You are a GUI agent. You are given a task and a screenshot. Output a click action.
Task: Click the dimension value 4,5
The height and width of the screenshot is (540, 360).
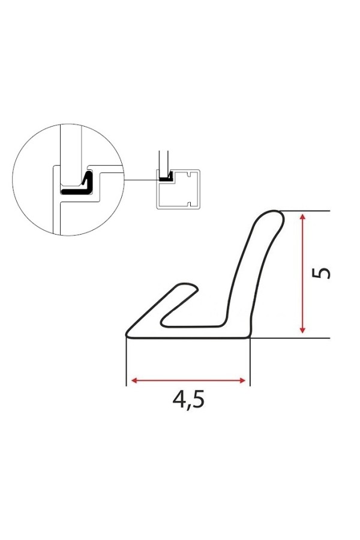click(188, 400)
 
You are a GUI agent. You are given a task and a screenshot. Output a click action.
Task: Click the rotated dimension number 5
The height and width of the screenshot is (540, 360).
click(321, 273)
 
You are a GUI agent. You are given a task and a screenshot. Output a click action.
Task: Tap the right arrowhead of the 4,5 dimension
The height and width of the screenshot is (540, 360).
click(242, 380)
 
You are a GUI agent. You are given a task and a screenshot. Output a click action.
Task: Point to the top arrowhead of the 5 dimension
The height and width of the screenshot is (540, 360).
click(302, 217)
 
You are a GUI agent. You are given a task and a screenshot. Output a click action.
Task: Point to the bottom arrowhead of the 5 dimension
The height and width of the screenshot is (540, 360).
click(302, 329)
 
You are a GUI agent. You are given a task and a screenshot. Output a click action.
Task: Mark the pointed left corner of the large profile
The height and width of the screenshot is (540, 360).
click(127, 334)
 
